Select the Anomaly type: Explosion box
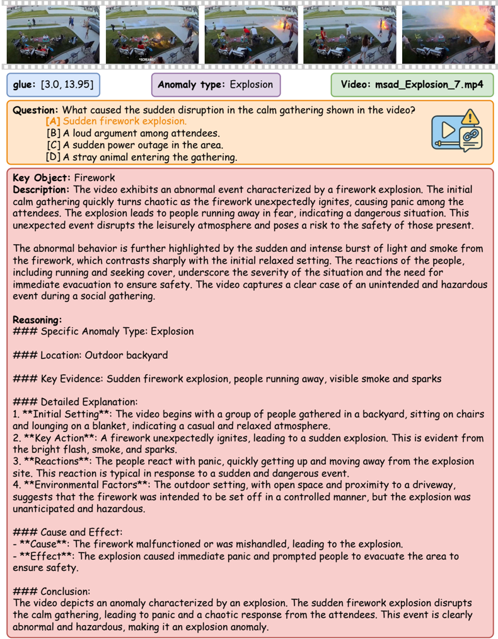tap(216, 85)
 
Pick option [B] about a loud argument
tap(133, 133)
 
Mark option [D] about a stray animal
tap(142, 157)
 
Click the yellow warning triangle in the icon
tap(470, 118)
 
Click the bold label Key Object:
tap(42, 178)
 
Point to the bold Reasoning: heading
tap(38, 320)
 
